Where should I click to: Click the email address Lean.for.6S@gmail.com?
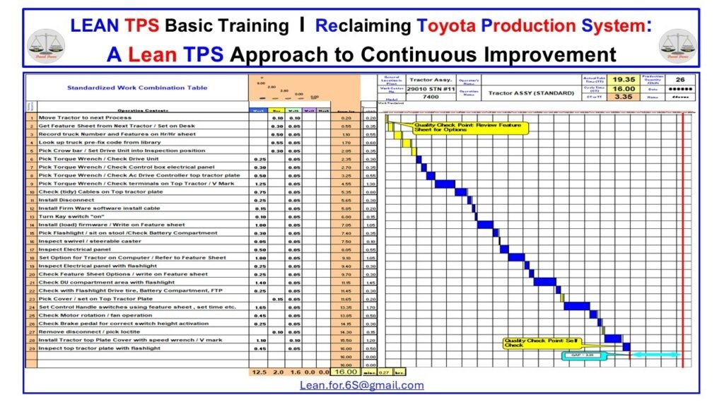(x=361, y=385)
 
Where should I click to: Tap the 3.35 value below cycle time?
(x=623, y=98)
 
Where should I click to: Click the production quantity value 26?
(x=680, y=80)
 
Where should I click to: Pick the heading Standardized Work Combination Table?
(x=128, y=88)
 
